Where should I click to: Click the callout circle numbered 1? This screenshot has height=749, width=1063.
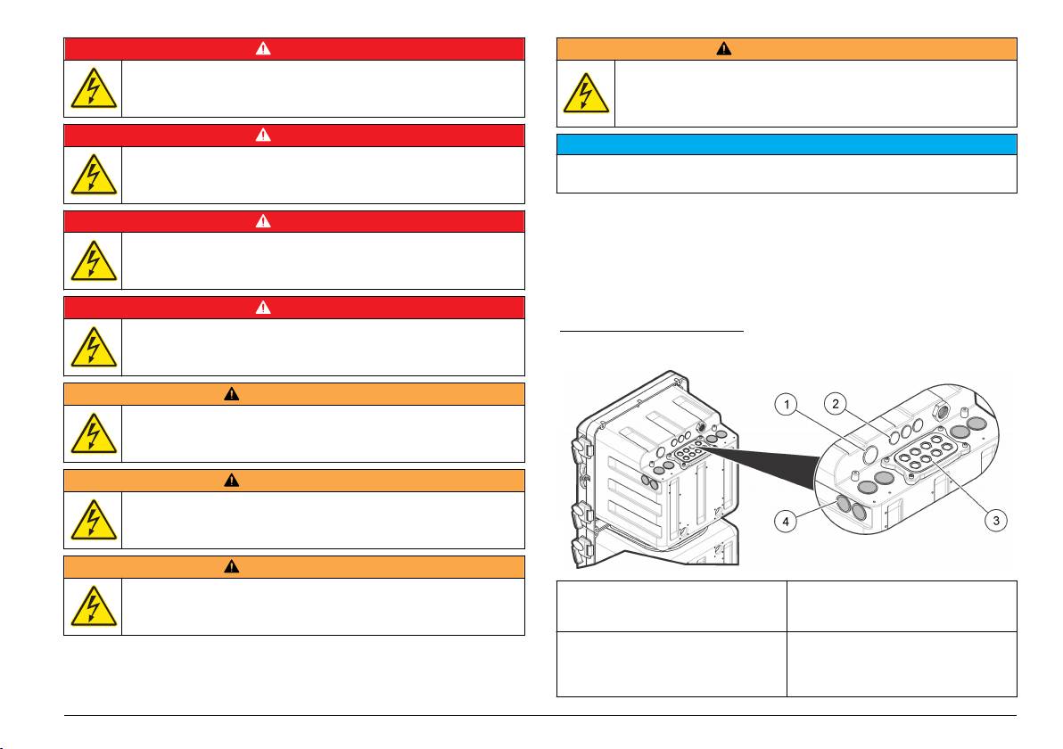(787, 406)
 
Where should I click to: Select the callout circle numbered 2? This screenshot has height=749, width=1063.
(836, 404)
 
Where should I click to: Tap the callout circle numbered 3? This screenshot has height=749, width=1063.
(995, 521)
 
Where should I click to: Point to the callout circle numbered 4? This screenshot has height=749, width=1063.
(786, 522)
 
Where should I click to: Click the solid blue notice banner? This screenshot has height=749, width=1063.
(787, 144)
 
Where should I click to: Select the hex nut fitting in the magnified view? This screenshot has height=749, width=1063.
(942, 411)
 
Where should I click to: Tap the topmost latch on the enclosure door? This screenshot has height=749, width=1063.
(581, 450)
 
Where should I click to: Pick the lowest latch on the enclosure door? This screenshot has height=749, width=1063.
(581, 549)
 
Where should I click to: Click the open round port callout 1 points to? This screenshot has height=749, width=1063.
(870, 453)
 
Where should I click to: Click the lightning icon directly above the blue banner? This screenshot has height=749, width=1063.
(586, 93)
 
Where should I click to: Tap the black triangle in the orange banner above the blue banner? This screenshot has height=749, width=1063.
(724, 49)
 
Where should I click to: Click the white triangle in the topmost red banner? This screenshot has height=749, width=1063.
(263, 49)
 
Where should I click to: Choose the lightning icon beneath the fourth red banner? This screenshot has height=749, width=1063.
(94, 347)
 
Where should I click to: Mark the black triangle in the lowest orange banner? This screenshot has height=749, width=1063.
(231, 567)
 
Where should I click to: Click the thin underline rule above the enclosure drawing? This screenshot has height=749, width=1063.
(652, 332)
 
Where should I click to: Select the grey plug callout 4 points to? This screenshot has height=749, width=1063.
(844, 503)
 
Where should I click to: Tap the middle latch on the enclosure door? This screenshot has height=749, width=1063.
(581, 515)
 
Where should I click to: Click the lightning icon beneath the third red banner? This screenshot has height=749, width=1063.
(94, 261)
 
